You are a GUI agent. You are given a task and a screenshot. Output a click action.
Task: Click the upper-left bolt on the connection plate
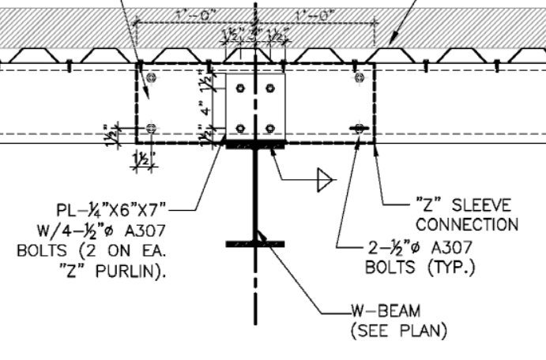[241, 88]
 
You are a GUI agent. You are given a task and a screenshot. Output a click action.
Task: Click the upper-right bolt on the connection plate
[271, 88]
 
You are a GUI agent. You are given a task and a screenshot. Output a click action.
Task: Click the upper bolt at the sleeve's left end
[151, 76]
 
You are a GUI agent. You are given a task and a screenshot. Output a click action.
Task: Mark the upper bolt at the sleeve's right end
[360, 76]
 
